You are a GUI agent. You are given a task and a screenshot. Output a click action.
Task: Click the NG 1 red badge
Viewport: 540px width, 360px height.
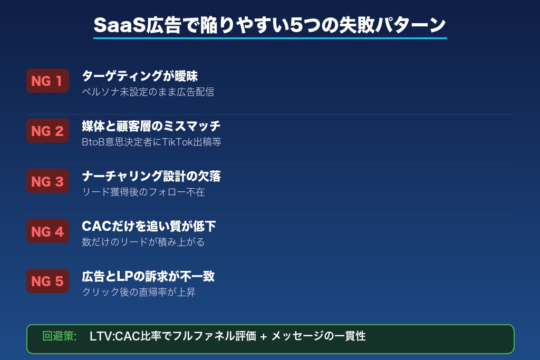point(47,81)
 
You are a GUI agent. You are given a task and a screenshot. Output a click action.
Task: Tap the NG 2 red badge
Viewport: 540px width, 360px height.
point(47,131)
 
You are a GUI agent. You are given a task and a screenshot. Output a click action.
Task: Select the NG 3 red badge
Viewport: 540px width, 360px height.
point(47,181)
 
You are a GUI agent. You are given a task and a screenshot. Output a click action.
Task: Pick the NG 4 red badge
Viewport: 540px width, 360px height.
point(47,231)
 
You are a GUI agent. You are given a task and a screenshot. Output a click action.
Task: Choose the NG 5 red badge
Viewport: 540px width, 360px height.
point(47,281)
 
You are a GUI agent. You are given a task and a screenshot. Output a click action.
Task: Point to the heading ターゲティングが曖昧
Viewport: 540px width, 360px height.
point(140,76)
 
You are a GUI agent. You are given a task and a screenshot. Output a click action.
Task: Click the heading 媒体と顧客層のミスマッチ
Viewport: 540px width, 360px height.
point(151,126)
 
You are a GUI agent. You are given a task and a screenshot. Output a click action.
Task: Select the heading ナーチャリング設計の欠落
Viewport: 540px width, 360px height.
point(151,176)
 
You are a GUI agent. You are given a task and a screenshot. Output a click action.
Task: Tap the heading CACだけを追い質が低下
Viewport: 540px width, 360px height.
point(149,226)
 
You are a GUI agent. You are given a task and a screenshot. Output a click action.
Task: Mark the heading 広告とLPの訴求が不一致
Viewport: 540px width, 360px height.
point(148,276)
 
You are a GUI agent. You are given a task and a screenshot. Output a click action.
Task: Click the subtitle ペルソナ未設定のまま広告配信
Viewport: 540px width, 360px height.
point(148,92)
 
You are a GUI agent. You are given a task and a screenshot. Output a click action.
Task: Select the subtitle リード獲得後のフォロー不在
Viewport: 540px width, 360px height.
point(143,192)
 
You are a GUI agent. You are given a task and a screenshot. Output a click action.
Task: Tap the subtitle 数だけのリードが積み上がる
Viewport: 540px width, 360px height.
point(143,242)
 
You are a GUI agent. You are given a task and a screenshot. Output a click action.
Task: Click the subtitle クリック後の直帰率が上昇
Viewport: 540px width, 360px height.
point(139,292)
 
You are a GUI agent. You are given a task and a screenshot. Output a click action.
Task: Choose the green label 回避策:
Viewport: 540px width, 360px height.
point(60,336)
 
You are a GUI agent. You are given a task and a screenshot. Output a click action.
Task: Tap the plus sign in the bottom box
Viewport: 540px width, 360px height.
point(263,337)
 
